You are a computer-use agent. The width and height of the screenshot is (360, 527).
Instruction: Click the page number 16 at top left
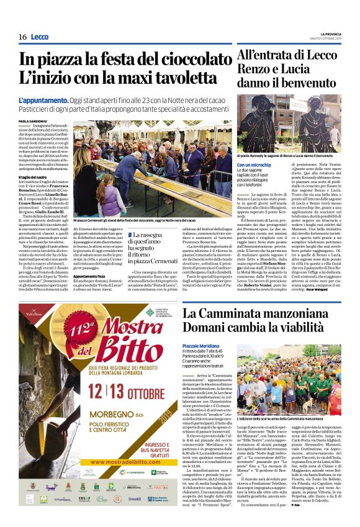point(22,37)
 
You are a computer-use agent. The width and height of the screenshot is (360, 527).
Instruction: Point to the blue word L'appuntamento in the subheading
point(43,100)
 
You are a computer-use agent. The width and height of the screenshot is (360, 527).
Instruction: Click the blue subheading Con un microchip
point(255,165)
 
